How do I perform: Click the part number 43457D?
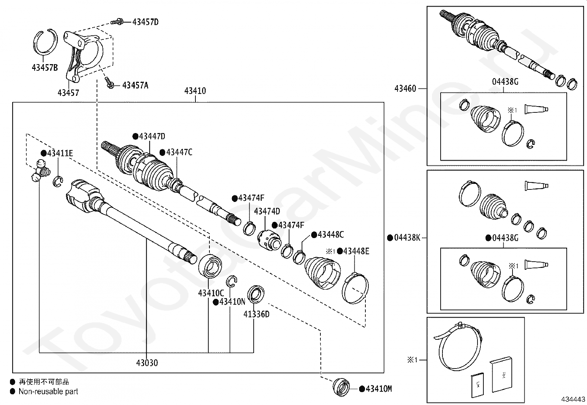(x=145, y=22)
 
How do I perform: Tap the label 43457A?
(x=135, y=85)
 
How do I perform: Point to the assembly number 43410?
(x=195, y=91)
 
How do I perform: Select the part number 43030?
(x=147, y=363)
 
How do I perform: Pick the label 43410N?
(x=232, y=302)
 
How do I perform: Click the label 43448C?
(x=330, y=235)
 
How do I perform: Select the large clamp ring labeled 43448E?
(x=355, y=288)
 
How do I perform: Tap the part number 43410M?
(x=378, y=389)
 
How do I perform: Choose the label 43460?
(x=405, y=88)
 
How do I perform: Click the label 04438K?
(x=407, y=238)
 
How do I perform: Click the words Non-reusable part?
(x=48, y=392)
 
